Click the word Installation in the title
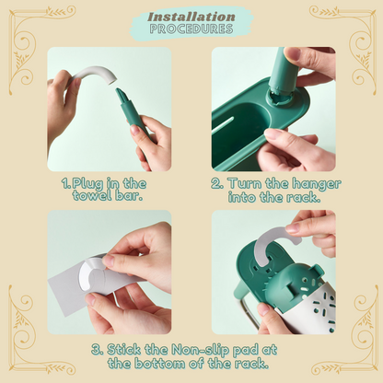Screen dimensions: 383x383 (x=191, y=17)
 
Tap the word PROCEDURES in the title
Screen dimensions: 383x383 (x=191, y=29)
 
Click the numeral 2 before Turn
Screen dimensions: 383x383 (x=217, y=183)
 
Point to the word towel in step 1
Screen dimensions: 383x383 (x=92, y=196)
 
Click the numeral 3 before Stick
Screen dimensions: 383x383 (x=97, y=350)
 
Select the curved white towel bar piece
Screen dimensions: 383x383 (x=93, y=75)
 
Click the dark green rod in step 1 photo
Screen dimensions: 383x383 (x=132, y=113)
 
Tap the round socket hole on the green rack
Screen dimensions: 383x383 (x=279, y=97)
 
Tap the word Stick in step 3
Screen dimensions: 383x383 (x=123, y=350)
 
